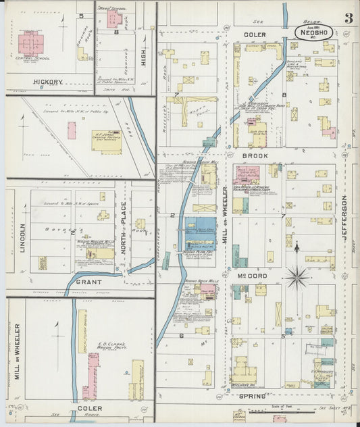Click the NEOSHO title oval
coord(313,31)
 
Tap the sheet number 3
coord(348,18)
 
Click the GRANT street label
coord(88,281)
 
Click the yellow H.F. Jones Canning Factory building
coord(107,141)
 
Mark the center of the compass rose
coord(297,276)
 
